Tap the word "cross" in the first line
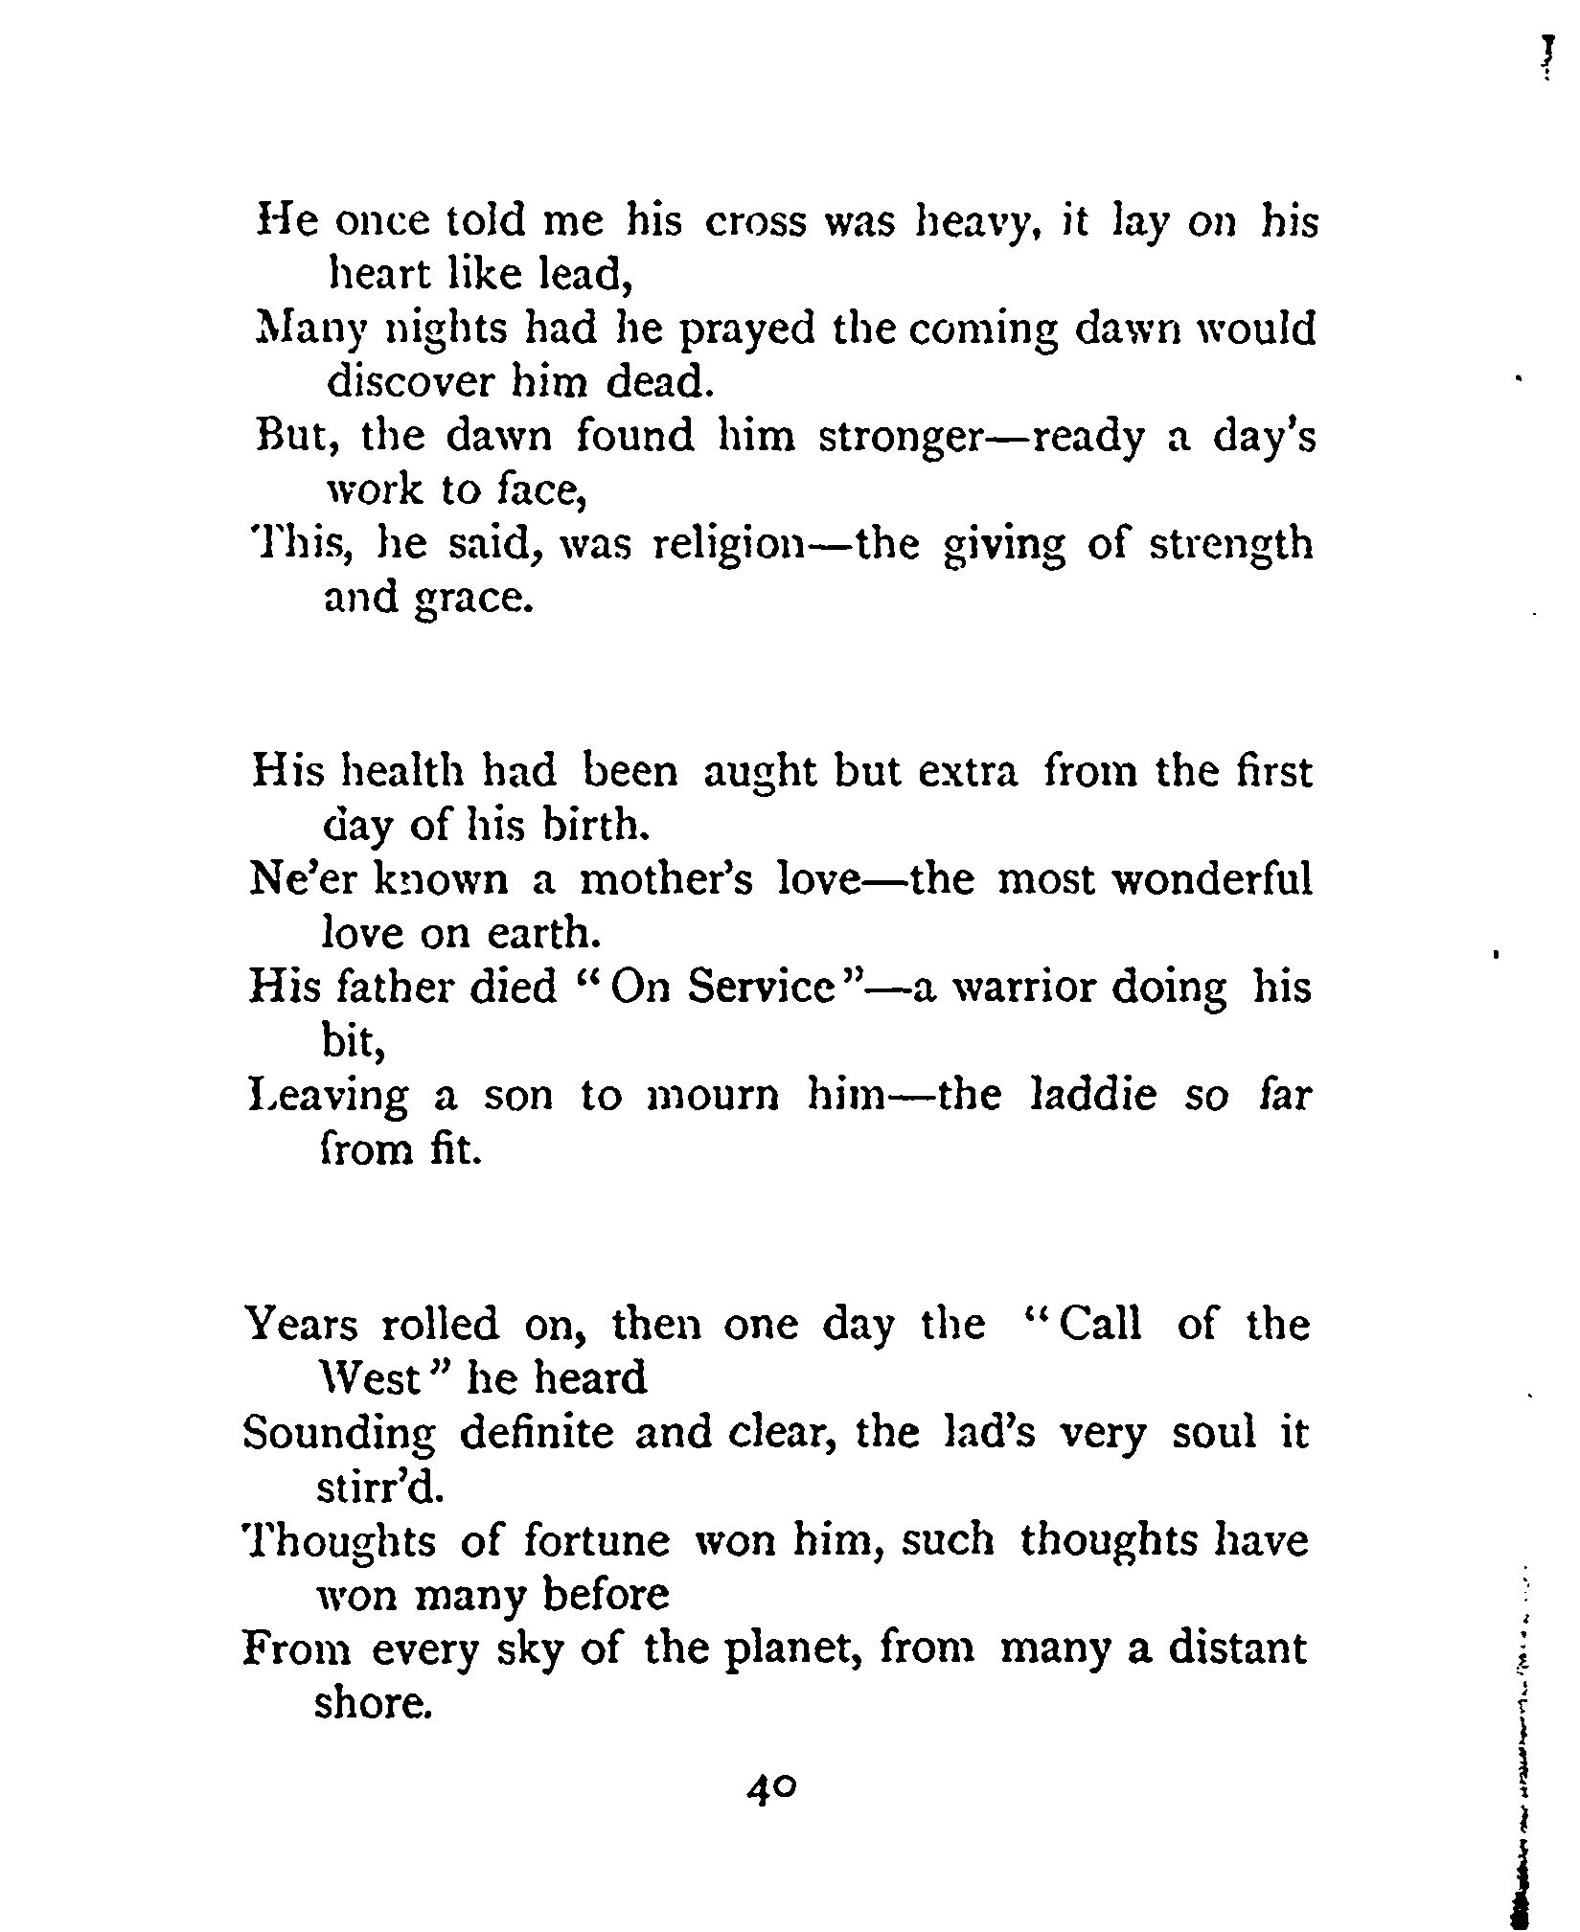(x=751, y=222)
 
